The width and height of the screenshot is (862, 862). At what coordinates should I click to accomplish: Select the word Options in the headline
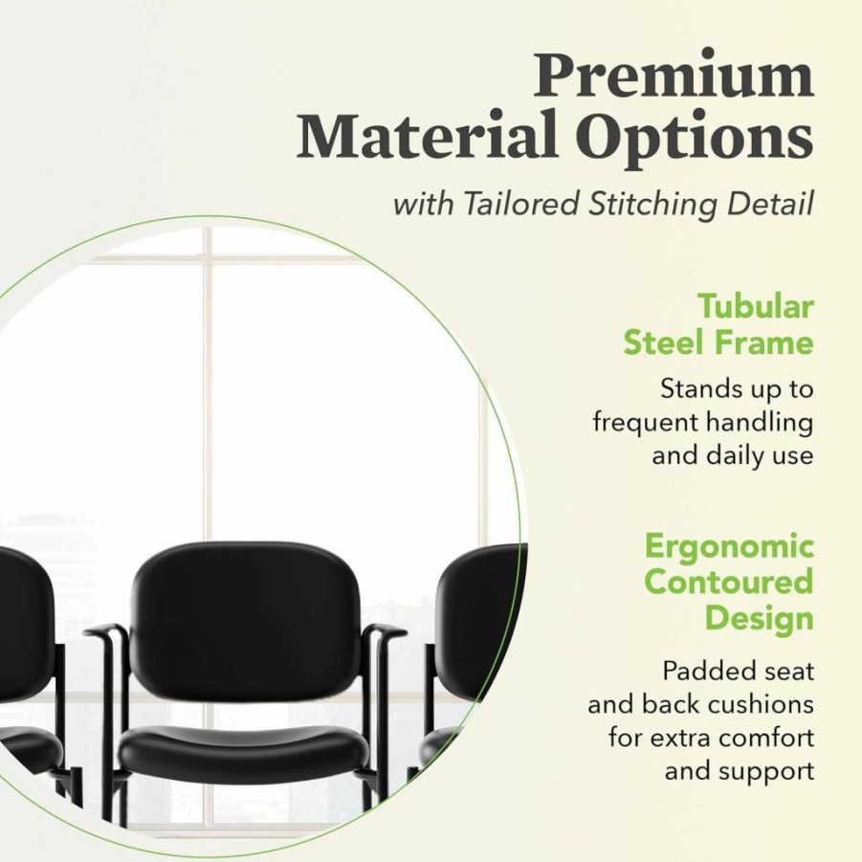[x=696, y=138]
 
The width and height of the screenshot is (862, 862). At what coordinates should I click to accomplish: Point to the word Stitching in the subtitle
[x=652, y=205]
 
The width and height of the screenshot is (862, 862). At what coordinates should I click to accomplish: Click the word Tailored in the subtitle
[x=521, y=204]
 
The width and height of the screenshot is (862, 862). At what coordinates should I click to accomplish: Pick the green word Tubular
[x=756, y=306]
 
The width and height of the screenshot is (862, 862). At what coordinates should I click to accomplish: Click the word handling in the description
[x=760, y=424]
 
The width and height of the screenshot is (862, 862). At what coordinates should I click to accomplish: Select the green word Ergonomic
[x=729, y=548]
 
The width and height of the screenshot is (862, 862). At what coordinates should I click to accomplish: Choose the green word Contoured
[x=729, y=582]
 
